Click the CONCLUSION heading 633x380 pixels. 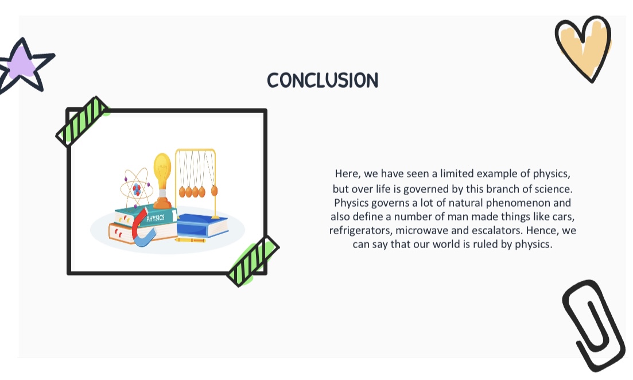click(x=323, y=80)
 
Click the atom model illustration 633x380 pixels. click(x=136, y=188)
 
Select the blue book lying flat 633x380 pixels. click(x=203, y=226)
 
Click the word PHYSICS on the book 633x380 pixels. click(x=156, y=218)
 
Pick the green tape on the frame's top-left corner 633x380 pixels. click(x=82, y=121)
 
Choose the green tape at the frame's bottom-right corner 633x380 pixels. click(x=253, y=261)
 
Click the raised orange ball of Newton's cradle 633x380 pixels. click(x=215, y=191)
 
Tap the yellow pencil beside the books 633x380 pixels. click(x=191, y=240)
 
